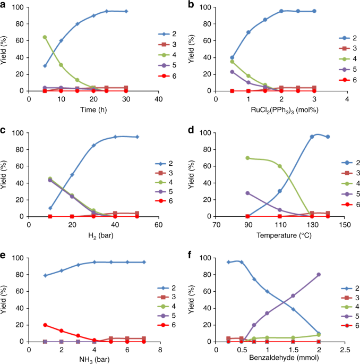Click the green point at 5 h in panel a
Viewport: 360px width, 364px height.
[45, 37]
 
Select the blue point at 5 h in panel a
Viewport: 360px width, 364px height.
[45, 66]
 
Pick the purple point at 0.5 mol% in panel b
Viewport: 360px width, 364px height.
[232, 72]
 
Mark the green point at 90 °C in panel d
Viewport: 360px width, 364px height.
[248, 158]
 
